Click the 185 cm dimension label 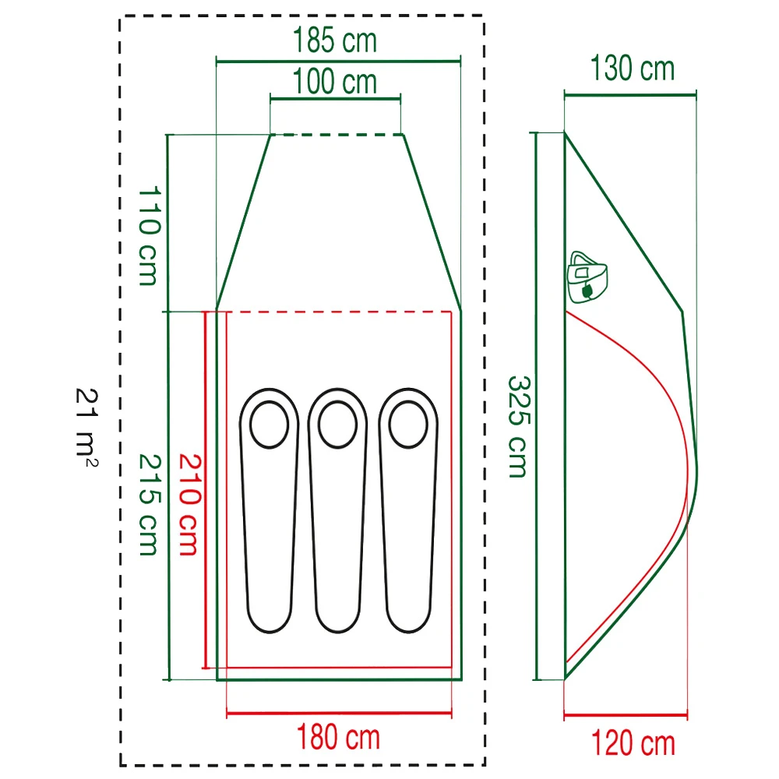pos(335,40)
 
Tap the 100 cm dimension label pos(335,82)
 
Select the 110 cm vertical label pos(149,236)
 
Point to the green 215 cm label pos(149,504)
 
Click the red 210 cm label pos(189,504)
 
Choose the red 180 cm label pos(338,737)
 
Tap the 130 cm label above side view pos(633,68)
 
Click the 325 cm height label pos(519,427)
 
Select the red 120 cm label pos(633,743)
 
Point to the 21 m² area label pos(87,427)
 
